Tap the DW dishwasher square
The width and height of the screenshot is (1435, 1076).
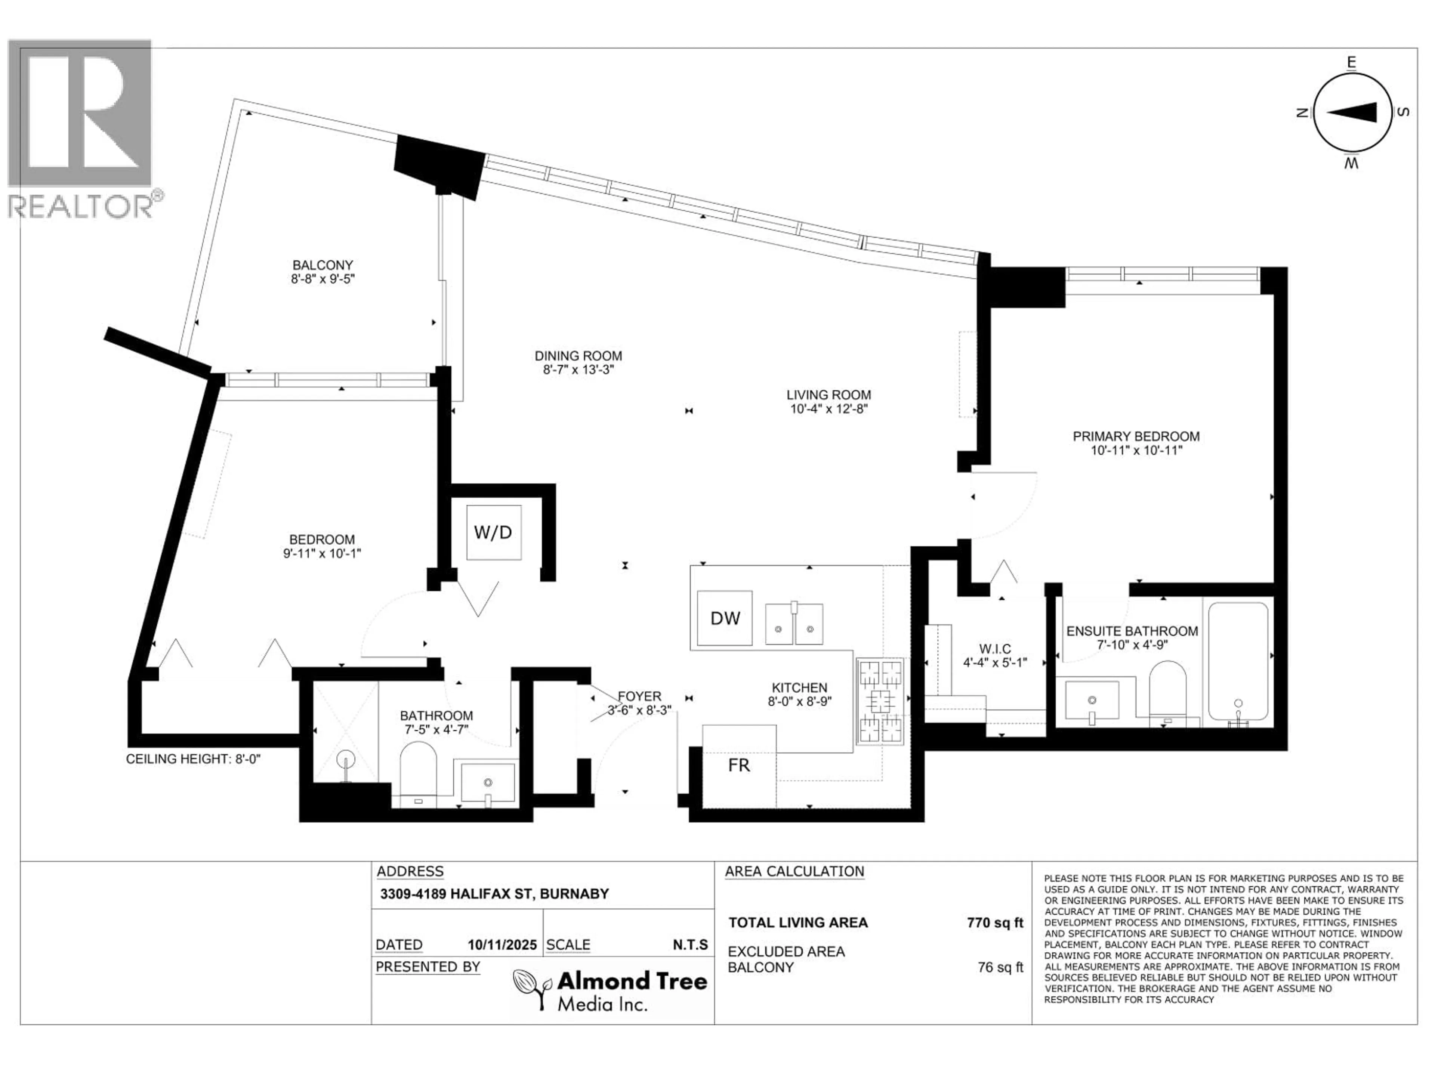tap(725, 618)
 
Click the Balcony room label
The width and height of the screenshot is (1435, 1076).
tap(323, 265)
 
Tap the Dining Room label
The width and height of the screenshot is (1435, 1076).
tap(578, 356)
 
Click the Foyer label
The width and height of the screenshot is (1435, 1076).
tap(639, 696)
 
